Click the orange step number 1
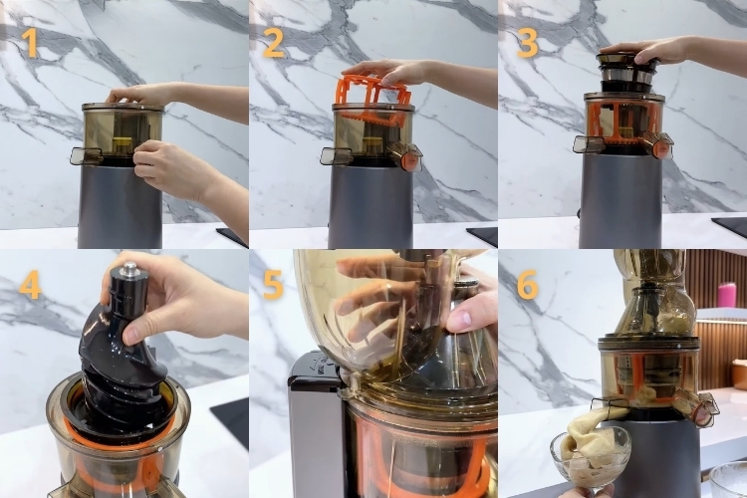tap(31, 43)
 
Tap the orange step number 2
tap(274, 43)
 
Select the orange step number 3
tap(527, 43)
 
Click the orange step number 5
tap(274, 285)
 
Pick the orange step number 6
tap(527, 285)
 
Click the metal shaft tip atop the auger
tap(129, 269)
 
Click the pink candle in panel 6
tap(727, 295)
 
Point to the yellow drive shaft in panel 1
tap(122, 145)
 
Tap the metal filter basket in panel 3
tap(628, 72)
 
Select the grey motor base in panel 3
tap(621, 200)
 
